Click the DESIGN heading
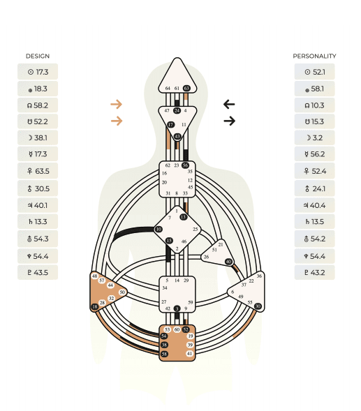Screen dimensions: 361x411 (38, 56)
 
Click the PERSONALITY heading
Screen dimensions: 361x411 (314, 56)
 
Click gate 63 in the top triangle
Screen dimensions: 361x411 (186, 89)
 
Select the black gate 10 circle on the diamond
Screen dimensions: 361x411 (159, 230)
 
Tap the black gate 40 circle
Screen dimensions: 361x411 (229, 262)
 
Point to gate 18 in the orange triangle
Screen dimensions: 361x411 (95, 306)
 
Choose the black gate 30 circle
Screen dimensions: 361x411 (258, 306)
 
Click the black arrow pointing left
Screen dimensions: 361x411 (229, 105)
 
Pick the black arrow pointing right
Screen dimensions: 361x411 (230, 121)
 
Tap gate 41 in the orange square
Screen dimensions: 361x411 (189, 353)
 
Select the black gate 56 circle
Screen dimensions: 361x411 (185, 165)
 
